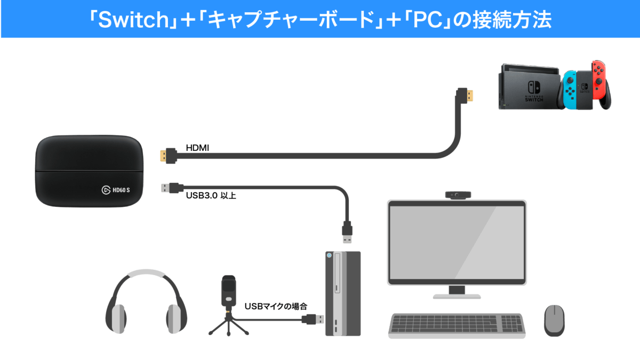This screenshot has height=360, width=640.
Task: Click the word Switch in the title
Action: (134, 20)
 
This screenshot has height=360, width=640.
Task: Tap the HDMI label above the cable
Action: (197, 148)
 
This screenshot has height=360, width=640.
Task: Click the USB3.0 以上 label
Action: (211, 196)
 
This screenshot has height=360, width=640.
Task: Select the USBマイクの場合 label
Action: (276, 307)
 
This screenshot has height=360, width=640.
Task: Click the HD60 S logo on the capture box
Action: (116, 190)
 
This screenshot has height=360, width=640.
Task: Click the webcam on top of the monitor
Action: (458, 195)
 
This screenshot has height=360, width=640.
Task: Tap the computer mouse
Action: (554, 321)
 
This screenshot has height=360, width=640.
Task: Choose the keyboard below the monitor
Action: (457, 326)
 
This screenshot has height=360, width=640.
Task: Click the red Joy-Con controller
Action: (599, 80)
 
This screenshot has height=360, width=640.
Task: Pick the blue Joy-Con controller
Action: (570, 89)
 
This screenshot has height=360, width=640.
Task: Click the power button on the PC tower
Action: (329, 255)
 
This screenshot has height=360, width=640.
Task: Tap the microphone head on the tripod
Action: (229, 291)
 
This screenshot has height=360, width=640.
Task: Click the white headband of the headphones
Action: (146, 273)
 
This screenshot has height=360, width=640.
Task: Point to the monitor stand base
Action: (457, 297)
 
